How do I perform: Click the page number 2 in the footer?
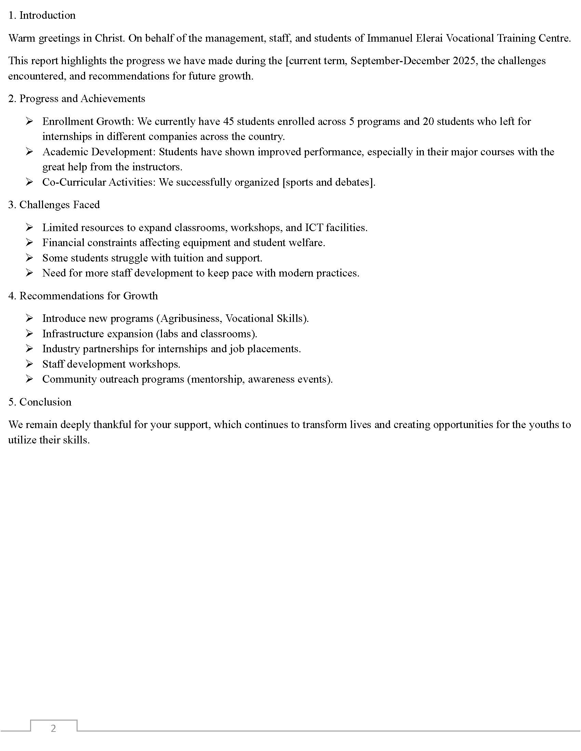53,728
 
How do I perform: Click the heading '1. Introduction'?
42,15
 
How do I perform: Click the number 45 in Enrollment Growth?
229,122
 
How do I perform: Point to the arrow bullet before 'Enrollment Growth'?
29,121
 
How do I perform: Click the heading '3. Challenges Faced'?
54,204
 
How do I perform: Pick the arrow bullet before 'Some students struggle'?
29,257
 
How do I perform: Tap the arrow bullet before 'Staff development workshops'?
29,364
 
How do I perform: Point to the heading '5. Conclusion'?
40,402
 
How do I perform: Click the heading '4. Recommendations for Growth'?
83,296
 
